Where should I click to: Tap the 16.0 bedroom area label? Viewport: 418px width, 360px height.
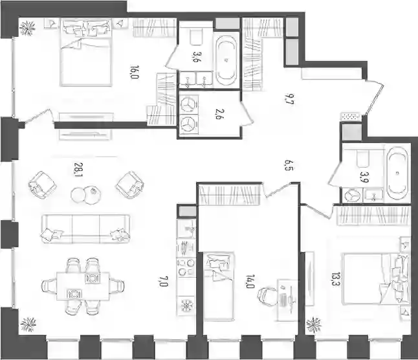135,73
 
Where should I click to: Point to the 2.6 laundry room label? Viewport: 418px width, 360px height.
221,115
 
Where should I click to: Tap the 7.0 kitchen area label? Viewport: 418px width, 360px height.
164,282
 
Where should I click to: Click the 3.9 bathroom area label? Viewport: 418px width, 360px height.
364,177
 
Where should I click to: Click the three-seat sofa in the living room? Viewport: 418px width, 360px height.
86,229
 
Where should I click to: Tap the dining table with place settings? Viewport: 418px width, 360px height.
83,286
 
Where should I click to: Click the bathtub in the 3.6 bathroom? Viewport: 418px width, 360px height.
226,60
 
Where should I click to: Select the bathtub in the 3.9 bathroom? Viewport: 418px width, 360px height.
397,174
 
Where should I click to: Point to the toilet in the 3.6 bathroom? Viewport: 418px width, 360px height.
197,37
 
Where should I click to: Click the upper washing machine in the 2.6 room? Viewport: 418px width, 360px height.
189,104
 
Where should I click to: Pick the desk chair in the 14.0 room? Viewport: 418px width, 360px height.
267,297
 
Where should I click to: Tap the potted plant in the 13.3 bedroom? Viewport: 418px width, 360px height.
314,325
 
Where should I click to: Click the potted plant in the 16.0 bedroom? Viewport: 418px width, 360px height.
28,28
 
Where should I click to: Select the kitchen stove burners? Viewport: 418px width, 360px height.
186,267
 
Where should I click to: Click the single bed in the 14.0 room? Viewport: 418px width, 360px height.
219,286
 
